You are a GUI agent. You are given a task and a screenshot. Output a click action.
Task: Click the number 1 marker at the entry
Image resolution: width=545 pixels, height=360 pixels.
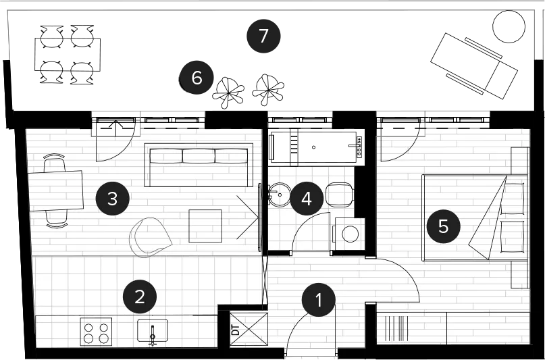tap(318, 300)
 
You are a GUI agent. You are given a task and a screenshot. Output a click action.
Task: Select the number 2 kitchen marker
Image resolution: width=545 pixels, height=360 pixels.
tap(140, 297)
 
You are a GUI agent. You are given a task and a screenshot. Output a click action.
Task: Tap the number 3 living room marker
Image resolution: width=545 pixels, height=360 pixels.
tap(113, 199)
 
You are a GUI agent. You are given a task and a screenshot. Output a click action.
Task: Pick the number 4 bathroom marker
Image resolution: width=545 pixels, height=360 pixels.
tap(307, 199)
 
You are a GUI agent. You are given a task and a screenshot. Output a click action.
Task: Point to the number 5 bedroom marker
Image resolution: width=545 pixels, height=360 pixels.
tap(444, 226)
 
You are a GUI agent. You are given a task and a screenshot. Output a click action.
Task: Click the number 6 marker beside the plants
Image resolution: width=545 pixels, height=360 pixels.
tap(197, 78)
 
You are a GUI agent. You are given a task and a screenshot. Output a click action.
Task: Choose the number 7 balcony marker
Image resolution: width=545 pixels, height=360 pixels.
tap(263, 36)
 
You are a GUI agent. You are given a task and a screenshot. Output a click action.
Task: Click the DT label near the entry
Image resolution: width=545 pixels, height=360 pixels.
tap(235, 330)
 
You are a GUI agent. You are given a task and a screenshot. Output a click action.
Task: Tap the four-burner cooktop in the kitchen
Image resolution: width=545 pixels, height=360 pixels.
tap(96, 332)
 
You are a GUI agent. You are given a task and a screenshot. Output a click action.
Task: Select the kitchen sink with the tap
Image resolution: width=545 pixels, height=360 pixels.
tap(153, 331)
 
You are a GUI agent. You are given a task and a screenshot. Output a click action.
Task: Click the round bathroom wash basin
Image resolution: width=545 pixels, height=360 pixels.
tap(280, 195)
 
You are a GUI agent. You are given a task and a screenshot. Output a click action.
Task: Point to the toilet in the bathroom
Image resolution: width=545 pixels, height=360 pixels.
tap(340, 195)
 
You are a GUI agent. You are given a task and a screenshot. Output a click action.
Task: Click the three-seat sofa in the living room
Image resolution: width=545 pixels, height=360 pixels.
tap(199, 165)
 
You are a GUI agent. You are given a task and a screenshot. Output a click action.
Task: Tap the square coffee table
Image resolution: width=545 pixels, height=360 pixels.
tap(205, 226)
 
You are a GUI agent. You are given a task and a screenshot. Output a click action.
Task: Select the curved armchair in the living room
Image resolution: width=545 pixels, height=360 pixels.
tap(150, 237)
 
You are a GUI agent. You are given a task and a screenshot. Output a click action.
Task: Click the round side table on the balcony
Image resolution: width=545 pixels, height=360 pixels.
tap(509, 26)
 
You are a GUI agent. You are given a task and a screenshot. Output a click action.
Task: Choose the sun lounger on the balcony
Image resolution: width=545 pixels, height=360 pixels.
tap(474, 66)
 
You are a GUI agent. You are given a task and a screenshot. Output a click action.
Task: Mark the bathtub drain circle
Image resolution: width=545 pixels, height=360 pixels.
tap(313, 147)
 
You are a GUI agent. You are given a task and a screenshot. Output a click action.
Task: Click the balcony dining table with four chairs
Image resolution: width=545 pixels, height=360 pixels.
tap(68, 55)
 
